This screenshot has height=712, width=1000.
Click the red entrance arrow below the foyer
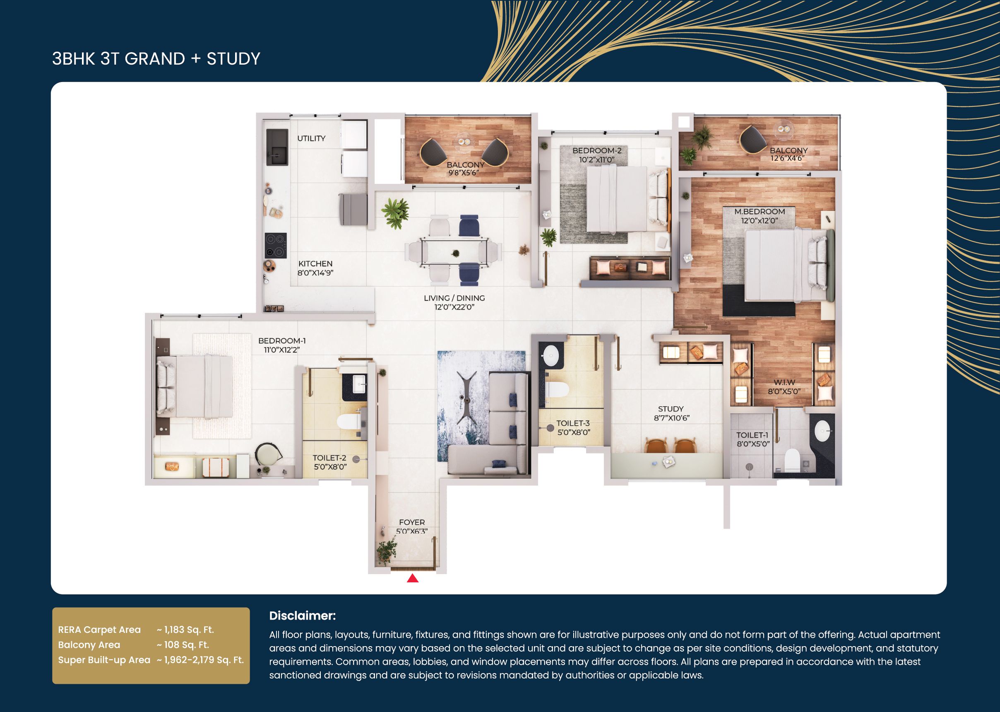413,578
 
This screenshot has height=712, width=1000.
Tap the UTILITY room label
311,138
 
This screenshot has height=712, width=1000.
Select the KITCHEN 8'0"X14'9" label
315,268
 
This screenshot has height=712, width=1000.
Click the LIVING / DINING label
454,298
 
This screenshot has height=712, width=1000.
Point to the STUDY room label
671,409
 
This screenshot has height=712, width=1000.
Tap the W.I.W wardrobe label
784,382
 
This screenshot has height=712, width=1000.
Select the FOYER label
412,522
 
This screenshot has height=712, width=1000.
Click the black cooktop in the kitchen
276,246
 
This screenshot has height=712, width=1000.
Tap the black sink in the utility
277,147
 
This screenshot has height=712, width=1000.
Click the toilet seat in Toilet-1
792,459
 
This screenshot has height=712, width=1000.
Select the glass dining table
454,252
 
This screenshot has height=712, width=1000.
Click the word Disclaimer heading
302,615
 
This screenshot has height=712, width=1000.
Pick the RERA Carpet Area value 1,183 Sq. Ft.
185,630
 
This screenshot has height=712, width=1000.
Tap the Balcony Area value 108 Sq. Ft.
183,645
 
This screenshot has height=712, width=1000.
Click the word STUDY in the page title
233,59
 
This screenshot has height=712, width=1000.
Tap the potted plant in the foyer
386,552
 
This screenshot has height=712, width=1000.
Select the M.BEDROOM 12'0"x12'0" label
760,216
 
